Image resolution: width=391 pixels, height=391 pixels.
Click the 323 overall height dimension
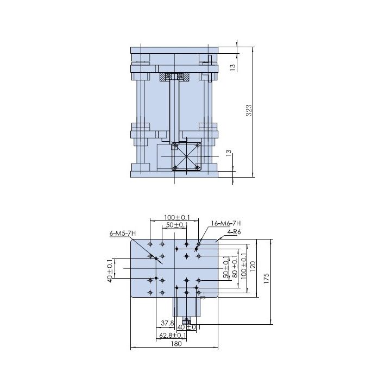pos(249,110)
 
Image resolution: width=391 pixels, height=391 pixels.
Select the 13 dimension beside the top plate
pos(232,67)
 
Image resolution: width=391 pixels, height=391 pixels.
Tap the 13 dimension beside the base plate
pos(229,153)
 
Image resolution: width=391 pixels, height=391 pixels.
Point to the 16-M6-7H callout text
pos(226,223)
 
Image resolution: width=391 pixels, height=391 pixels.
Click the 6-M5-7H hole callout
pos(123,234)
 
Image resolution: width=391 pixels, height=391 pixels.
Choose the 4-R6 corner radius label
pos(234,232)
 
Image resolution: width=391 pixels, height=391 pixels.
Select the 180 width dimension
pos(176,344)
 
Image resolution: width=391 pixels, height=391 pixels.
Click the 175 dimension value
pos(266,279)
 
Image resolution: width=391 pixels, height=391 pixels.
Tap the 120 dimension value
pos(253,267)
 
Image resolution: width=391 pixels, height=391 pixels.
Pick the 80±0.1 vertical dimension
pos(235,267)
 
